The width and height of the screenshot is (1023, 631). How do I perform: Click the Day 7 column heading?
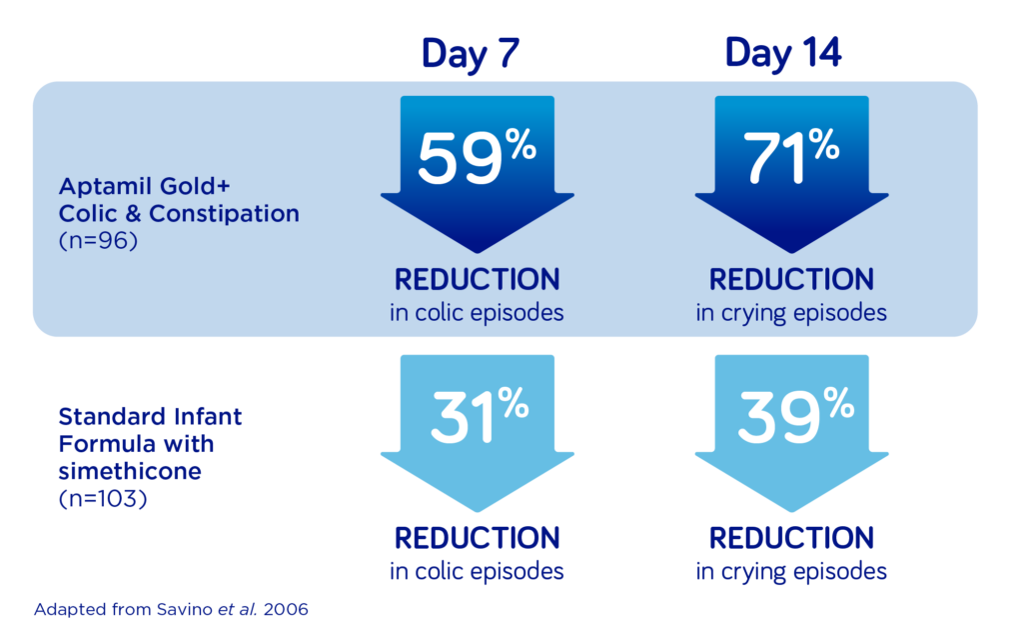point(470,54)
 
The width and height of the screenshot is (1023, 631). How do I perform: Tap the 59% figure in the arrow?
point(477,155)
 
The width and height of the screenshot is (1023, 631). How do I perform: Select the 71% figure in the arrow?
point(791,155)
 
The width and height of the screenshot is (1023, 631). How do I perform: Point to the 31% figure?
point(480,415)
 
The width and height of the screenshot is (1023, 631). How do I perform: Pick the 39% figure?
point(796,415)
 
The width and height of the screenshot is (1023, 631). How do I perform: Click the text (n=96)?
point(98,241)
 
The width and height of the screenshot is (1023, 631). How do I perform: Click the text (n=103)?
point(103,499)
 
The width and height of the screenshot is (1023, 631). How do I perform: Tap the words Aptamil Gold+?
point(144,186)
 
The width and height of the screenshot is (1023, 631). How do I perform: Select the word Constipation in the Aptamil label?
point(224,214)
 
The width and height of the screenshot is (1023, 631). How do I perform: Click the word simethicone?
point(130,471)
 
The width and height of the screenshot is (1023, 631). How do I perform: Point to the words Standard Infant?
point(150,416)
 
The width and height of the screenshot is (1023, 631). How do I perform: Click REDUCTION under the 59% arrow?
point(477,280)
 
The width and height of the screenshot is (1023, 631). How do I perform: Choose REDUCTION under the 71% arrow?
point(791,280)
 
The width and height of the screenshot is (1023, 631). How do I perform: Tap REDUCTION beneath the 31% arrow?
point(477,538)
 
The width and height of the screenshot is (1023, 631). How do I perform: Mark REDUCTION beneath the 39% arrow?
point(791,538)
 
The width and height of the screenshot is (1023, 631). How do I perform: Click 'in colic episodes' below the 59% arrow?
point(477,313)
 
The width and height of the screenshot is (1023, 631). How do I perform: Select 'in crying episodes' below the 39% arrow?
point(791,572)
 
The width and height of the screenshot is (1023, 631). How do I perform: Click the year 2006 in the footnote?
point(286,609)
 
